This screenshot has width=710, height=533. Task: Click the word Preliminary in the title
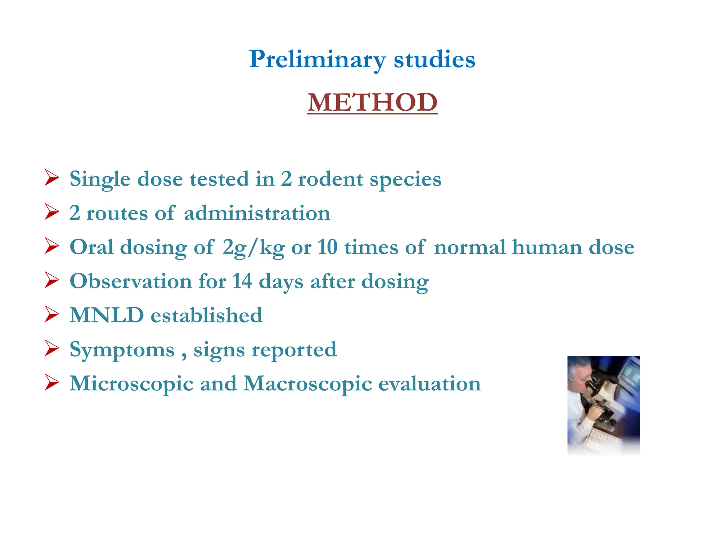click(x=317, y=60)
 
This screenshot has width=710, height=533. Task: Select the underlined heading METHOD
click(x=372, y=103)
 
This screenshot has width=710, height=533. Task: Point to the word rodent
click(x=330, y=179)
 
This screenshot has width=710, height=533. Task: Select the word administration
click(x=257, y=213)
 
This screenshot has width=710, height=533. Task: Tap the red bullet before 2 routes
click(x=52, y=212)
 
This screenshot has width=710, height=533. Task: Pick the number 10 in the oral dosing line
click(x=327, y=247)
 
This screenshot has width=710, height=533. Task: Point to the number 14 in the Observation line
click(x=242, y=281)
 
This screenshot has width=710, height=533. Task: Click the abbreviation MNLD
click(x=107, y=315)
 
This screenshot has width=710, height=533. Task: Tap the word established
click(x=206, y=315)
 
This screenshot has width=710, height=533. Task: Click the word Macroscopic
click(x=308, y=384)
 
